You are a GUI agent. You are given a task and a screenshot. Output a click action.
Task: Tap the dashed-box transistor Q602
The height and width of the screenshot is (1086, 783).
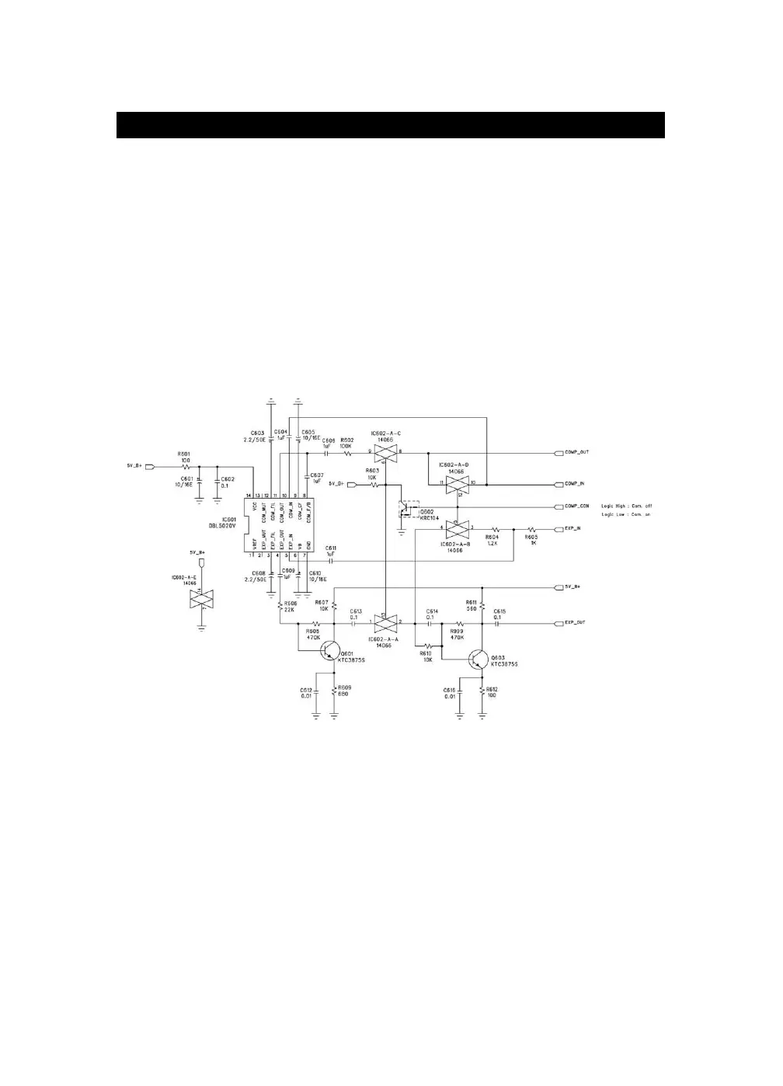tap(408, 510)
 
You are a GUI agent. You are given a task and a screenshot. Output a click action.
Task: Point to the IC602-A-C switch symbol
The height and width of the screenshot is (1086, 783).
tap(385, 451)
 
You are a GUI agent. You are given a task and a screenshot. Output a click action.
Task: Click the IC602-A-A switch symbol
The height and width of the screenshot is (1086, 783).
tap(385, 622)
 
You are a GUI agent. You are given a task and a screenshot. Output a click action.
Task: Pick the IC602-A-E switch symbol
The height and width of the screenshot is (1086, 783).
tap(201, 598)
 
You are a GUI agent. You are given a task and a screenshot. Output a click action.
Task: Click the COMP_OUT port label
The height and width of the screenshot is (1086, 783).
tap(576, 452)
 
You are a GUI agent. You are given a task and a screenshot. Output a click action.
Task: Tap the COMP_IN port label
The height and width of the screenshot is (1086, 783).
tap(574, 484)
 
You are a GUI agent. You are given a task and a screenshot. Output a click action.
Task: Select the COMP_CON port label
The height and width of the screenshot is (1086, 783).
tap(576, 506)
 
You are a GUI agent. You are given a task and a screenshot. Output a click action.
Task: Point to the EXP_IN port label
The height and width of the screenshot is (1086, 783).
tap(572, 529)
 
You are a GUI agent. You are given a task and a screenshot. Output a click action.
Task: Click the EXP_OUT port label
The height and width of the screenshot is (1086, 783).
tap(575, 623)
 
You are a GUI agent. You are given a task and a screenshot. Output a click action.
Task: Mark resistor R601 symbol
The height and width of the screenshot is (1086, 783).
tap(185, 468)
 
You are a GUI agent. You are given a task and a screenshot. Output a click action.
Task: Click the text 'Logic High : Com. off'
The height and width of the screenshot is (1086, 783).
tap(627, 506)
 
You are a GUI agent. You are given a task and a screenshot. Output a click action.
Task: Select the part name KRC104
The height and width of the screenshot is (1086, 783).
tap(430, 518)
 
